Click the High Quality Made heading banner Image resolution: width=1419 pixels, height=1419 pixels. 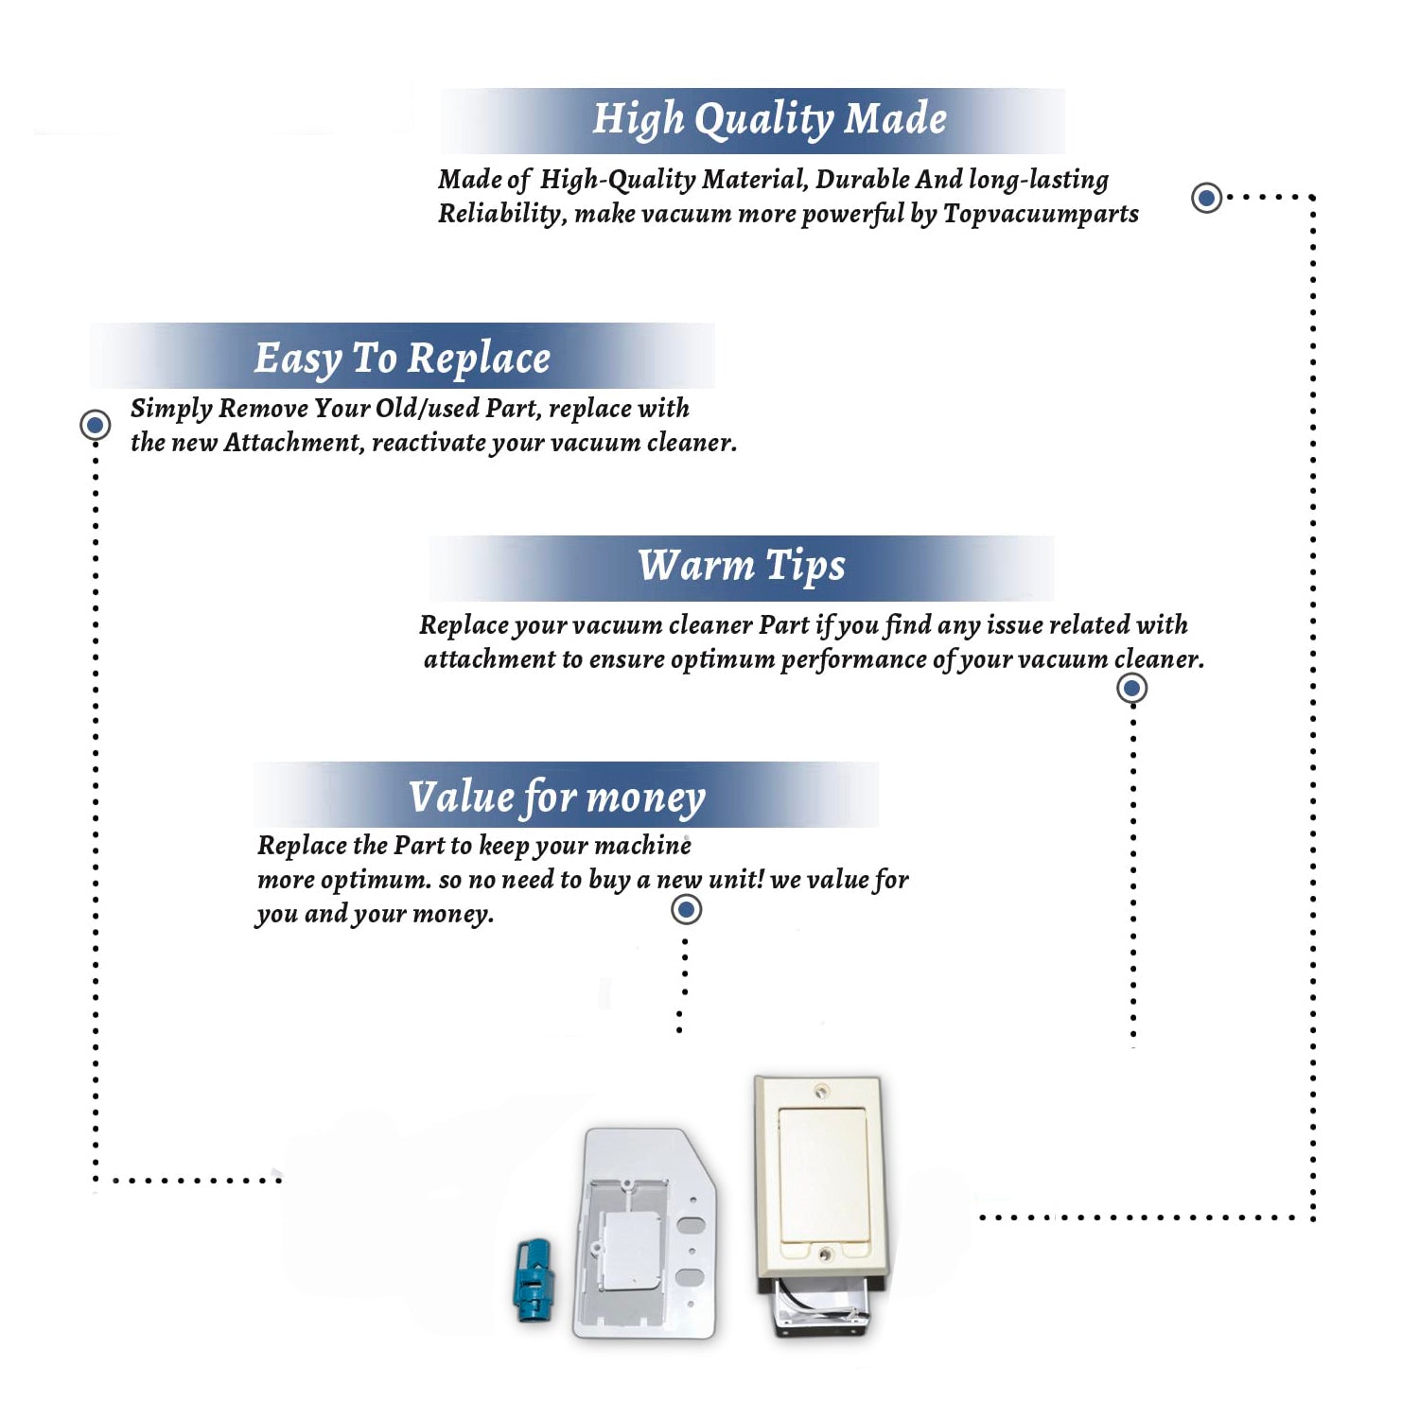(753, 120)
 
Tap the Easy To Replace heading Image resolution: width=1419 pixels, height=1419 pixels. (402, 356)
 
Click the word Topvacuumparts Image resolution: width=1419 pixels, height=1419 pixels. (1041, 215)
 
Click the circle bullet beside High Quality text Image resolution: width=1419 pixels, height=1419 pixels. (1206, 198)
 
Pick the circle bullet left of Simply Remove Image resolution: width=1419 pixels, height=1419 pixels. (95, 425)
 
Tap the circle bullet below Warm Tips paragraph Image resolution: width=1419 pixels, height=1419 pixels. (1132, 688)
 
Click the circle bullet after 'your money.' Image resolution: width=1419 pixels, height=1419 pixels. (686, 910)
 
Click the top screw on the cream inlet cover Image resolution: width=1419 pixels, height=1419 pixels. (821, 1092)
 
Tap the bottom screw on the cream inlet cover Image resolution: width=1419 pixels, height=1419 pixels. (825, 1254)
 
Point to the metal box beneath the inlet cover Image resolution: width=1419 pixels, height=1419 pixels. (821, 1306)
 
